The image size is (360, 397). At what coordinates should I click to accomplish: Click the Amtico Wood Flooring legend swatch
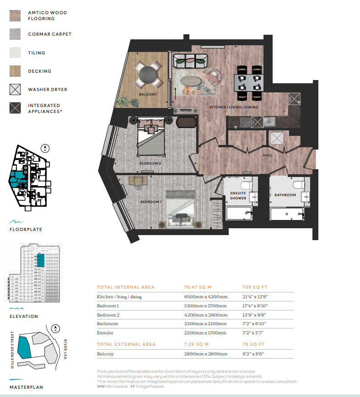pyautogui.click(x=15, y=16)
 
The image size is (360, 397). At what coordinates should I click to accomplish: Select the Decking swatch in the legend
pyautogui.click(x=15, y=71)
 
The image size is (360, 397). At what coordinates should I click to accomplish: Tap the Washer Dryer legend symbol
pyautogui.click(x=15, y=89)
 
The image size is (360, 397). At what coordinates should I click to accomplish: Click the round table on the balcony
pyautogui.click(x=148, y=75)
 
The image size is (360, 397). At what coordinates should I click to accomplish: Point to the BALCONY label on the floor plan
pyautogui.click(x=148, y=94)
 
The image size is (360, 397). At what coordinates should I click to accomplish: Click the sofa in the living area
pyautogui.click(x=190, y=61)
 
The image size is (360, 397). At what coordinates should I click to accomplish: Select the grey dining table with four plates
pyautogui.click(x=248, y=83)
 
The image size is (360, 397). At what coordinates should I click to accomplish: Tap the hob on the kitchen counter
pyautogui.click(x=245, y=122)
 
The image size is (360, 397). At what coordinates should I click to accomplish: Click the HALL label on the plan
pyautogui.click(x=267, y=155)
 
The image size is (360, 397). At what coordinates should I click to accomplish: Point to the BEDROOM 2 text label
pyautogui.click(x=150, y=164)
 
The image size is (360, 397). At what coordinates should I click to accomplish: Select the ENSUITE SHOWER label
pyautogui.click(x=238, y=196)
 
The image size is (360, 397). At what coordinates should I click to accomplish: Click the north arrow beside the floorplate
pyautogui.click(x=45, y=148)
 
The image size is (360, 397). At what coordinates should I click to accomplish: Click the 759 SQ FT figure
pyautogui.click(x=255, y=287)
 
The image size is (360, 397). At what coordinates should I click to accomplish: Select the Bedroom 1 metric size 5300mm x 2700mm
pyautogui.click(x=205, y=306)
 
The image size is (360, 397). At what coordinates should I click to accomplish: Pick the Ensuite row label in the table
pyautogui.click(x=105, y=333)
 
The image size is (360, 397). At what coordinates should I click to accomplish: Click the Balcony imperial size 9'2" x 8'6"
pyautogui.click(x=253, y=354)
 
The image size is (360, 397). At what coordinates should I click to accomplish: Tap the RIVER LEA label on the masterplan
pyautogui.click(x=65, y=349)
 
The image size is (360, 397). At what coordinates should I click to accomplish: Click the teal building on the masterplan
pyautogui.click(x=24, y=348)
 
